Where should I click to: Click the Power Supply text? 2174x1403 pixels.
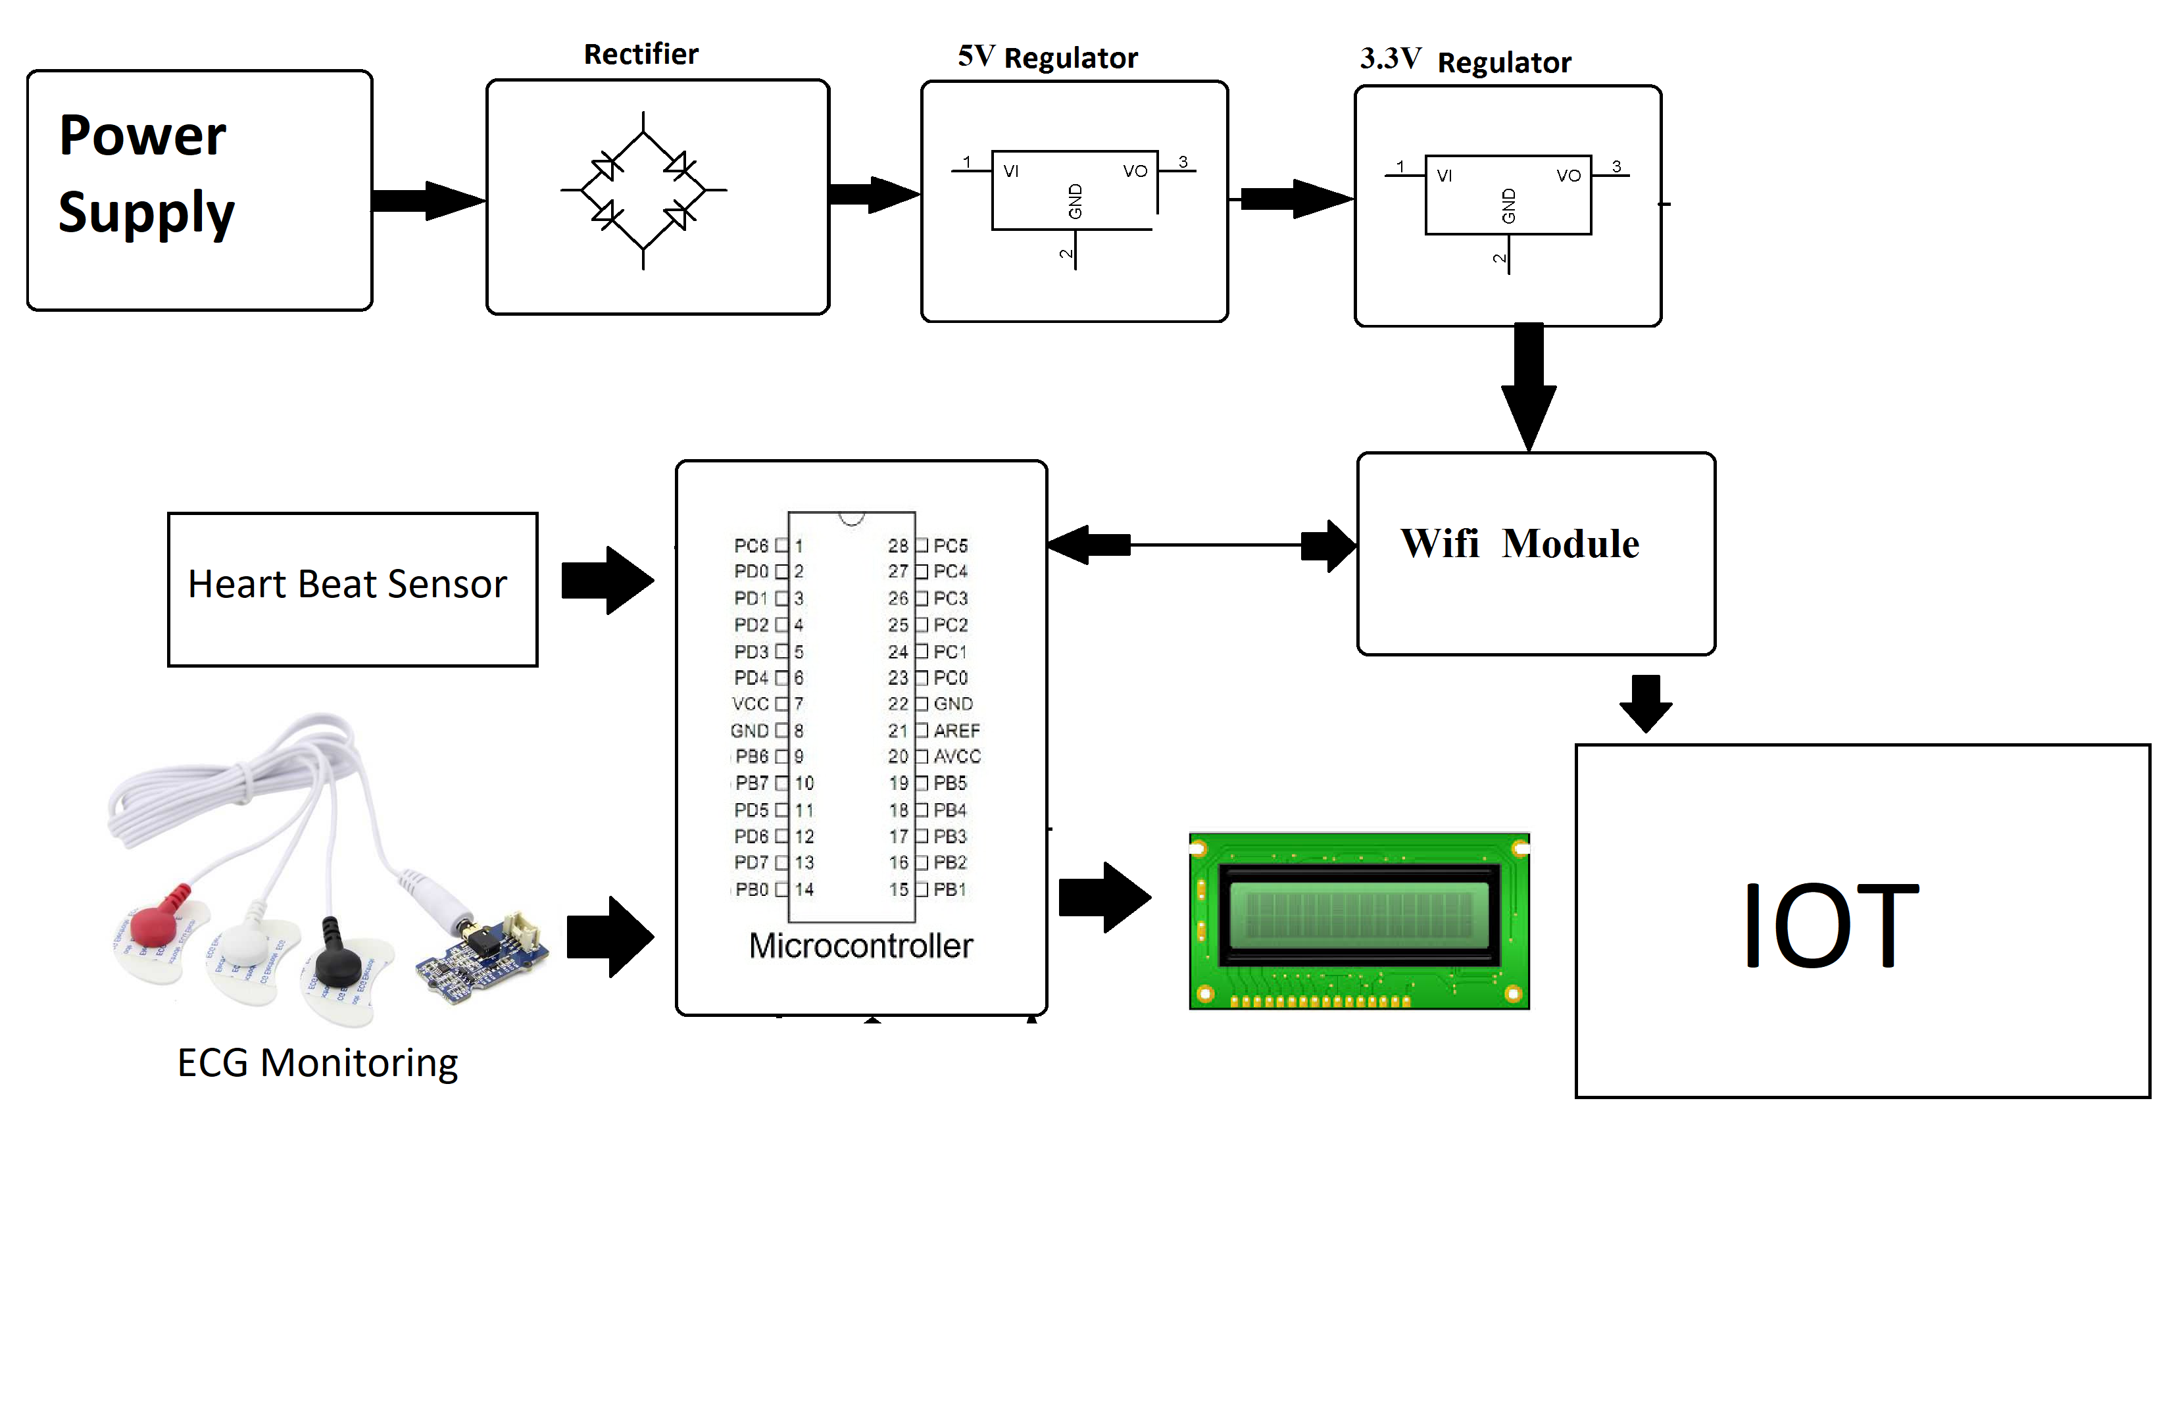[146, 173]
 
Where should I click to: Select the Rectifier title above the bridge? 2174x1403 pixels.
[641, 55]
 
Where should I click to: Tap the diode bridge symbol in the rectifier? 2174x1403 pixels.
[643, 190]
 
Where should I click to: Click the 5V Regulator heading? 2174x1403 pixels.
[1047, 57]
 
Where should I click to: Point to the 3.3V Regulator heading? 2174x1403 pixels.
[1464, 61]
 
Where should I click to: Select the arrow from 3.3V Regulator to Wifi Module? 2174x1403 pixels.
[1528, 387]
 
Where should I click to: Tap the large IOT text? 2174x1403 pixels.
[1829, 925]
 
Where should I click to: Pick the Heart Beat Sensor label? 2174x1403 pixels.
[347, 584]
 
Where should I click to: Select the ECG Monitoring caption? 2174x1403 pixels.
[317, 1062]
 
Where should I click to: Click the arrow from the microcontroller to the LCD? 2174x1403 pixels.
[1104, 897]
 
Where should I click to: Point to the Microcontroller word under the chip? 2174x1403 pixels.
[860, 946]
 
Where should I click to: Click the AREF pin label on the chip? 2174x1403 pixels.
[956, 731]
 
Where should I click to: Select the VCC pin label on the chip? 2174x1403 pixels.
[750, 704]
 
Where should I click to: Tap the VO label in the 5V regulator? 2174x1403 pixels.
[1135, 171]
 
